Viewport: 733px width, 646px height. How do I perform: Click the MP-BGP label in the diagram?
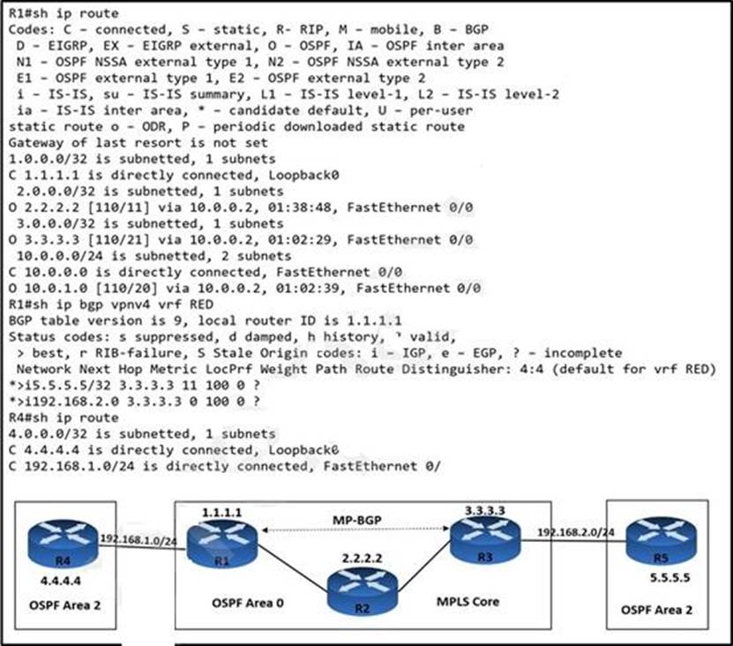click(355, 518)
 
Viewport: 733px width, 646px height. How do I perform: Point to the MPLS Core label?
click(468, 601)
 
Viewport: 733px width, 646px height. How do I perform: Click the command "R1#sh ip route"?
click(63, 14)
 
